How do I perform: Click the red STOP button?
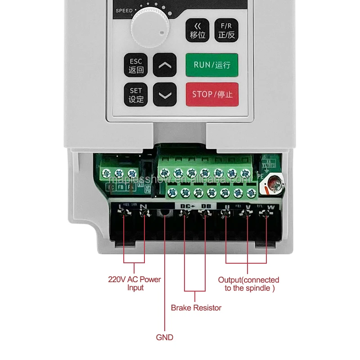coord(212,94)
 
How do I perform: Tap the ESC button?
coord(136,66)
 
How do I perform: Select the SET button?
coord(136,95)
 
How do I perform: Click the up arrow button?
coord(165,66)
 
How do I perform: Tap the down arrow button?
coord(165,95)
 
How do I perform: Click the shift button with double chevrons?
coord(198,31)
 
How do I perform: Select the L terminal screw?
coord(124,216)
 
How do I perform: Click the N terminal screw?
coord(144,216)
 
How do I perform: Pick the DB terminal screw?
coord(206,216)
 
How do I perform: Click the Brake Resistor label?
coord(196,308)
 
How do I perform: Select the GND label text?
coord(164,337)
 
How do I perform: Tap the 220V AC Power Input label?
coord(134,283)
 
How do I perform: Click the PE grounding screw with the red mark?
coord(273,184)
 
